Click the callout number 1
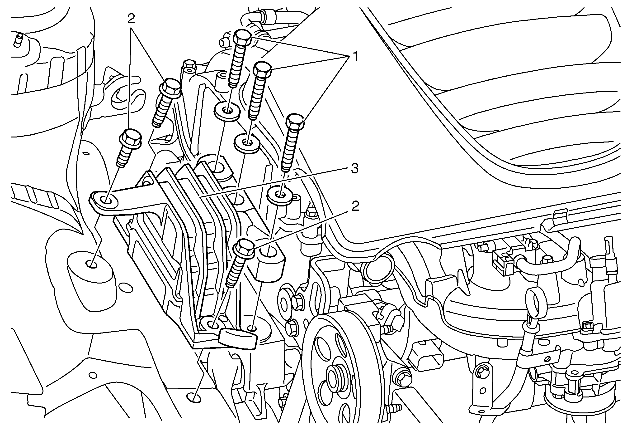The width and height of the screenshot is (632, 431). [x=355, y=57]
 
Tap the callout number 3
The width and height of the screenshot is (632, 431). [x=355, y=169]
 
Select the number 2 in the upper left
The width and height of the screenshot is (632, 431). [x=131, y=19]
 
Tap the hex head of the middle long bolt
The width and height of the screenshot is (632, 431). [x=262, y=69]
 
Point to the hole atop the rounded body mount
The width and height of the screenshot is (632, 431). [x=92, y=264]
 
